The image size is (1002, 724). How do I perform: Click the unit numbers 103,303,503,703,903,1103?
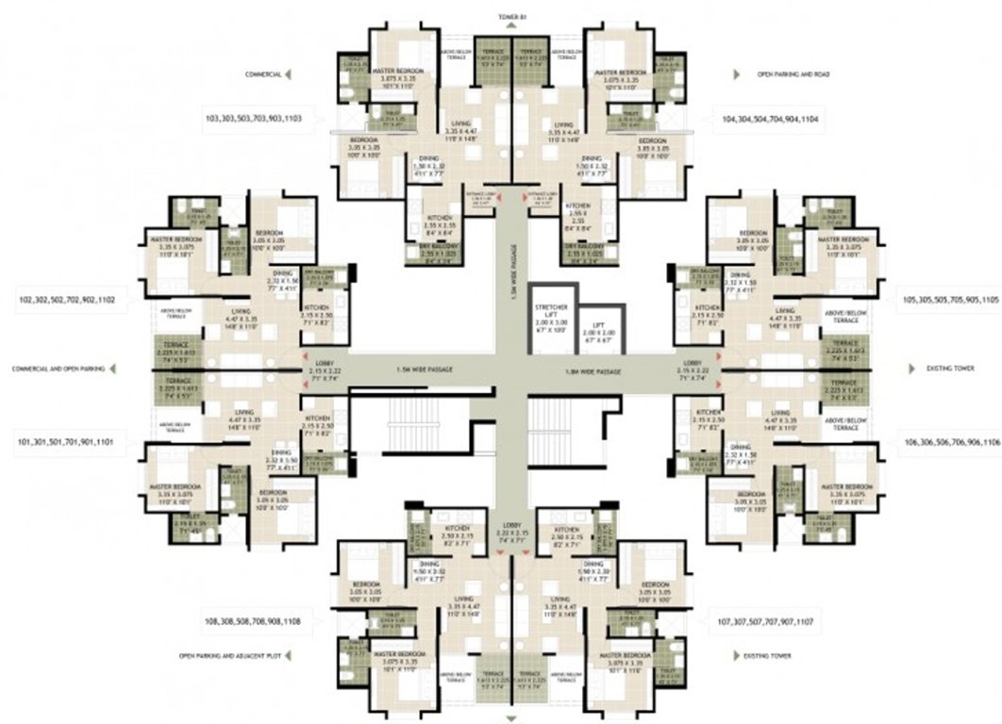(253, 119)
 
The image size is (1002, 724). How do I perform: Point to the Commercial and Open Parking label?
(56, 369)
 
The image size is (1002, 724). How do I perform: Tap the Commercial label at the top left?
(265, 73)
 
